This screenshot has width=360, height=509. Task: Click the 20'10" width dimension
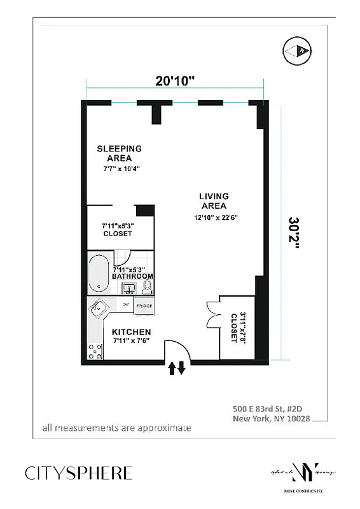coord(175,81)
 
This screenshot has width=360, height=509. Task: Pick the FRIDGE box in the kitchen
coord(143,307)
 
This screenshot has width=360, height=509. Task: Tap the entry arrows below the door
coord(176,368)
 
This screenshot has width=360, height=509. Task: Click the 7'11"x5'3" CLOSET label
coord(118,229)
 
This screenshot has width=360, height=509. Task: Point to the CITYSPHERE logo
coord(79,473)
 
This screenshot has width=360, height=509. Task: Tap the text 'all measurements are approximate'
coord(116,428)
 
